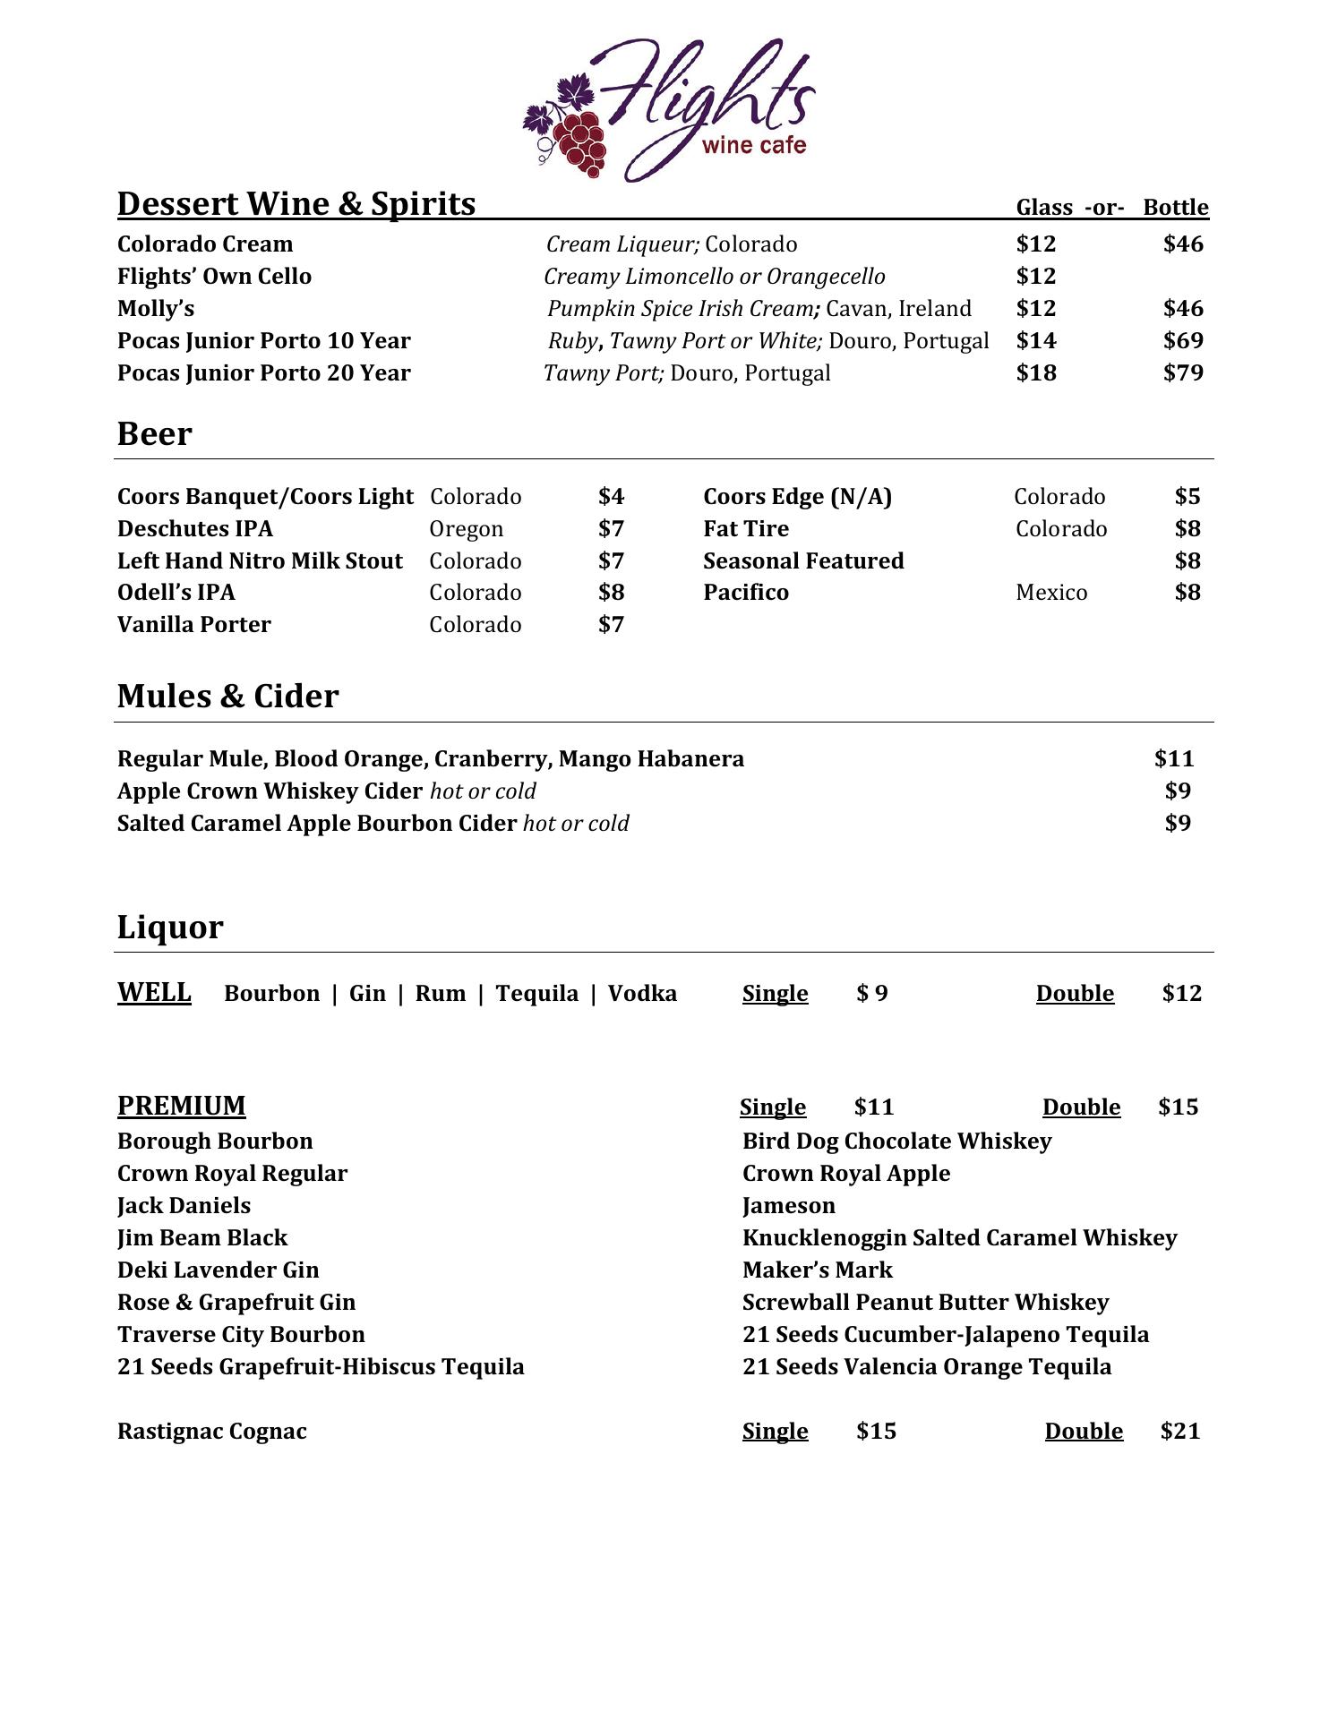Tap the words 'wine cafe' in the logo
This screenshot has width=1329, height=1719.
point(754,145)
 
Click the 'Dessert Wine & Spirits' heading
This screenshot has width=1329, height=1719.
point(296,204)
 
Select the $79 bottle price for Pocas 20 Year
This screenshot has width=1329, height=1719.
point(1182,372)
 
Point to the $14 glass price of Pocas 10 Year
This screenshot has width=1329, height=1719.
point(1036,340)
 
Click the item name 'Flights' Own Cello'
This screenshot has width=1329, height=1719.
point(214,276)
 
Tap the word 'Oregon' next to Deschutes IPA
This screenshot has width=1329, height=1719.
point(466,529)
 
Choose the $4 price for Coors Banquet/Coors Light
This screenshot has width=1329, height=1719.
point(611,497)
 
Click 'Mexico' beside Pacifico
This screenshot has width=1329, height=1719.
point(1051,593)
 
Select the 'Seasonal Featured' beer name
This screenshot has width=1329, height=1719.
point(803,561)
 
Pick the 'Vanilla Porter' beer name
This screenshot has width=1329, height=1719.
point(193,625)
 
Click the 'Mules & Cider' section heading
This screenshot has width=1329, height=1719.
point(227,697)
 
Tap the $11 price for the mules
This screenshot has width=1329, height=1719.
point(1174,759)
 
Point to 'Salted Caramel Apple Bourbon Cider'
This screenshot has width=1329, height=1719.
point(317,824)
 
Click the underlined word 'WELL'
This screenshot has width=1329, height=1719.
point(154,993)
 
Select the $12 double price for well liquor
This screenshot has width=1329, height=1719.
point(1181,994)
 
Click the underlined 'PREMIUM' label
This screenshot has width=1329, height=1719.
point(181,1107)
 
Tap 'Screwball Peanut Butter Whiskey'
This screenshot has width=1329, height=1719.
point(925,1303)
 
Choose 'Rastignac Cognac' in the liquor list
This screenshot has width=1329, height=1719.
point(211,1432)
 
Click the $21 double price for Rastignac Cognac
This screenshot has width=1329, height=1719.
point(1179,1432)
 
